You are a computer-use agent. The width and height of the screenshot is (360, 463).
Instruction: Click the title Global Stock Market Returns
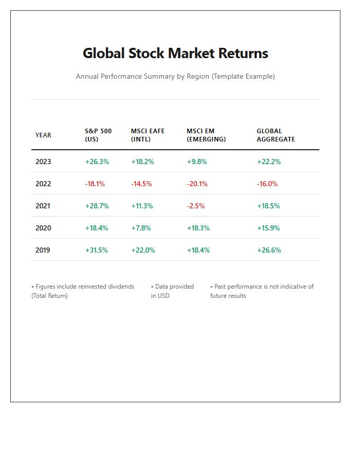(175, 53)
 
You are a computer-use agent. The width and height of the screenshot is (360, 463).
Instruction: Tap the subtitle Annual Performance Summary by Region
(175, 76)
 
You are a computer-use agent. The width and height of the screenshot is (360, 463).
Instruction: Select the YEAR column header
(43, 135)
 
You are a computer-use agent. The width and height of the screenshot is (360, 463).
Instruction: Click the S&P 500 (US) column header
(98, 135)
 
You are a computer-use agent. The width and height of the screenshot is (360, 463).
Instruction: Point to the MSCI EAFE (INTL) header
(148, 135)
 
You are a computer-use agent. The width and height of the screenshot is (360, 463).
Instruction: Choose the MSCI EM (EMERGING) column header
(206, 135)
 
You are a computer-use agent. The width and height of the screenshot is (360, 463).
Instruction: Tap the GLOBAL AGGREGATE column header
(276, 135)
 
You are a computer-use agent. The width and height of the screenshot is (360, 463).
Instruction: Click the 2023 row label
(43, 162)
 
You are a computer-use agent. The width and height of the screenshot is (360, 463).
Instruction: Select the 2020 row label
(43, 228)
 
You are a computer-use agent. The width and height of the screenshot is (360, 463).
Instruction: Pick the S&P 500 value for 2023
(97, 162)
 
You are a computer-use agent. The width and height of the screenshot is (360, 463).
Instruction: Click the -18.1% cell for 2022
(95, 184)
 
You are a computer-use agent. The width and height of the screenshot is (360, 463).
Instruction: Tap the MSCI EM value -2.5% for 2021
(195, 206)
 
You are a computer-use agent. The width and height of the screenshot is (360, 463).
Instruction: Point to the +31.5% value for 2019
(97, 250)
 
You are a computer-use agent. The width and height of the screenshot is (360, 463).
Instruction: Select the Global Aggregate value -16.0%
(267, 184)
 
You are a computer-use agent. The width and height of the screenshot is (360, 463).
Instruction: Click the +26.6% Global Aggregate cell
(269, 250)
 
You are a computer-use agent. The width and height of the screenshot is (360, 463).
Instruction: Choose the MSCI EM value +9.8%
(197, 162)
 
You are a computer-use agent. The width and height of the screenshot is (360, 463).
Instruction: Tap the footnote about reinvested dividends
(83, 291)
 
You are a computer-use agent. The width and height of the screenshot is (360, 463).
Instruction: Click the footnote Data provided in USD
(172, 291)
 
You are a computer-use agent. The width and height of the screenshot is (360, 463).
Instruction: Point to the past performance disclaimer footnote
(262, 291)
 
